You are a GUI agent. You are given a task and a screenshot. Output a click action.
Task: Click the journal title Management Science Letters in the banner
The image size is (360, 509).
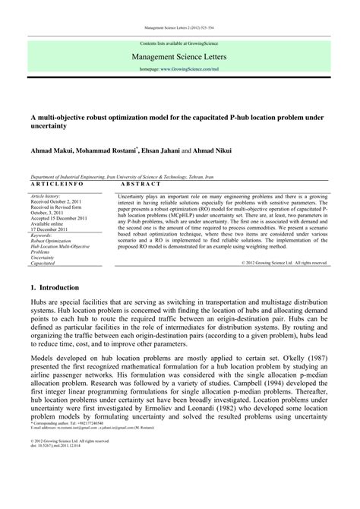tap(179, 56)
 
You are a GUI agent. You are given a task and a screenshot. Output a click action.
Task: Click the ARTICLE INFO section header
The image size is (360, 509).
tap(57, 185)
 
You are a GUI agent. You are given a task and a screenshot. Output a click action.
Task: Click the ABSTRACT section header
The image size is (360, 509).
tap(141, 185)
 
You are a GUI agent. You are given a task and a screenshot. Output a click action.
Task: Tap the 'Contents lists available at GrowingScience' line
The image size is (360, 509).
tap(179, 44)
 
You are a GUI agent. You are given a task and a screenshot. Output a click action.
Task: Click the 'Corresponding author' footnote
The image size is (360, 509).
tap(72, 464)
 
